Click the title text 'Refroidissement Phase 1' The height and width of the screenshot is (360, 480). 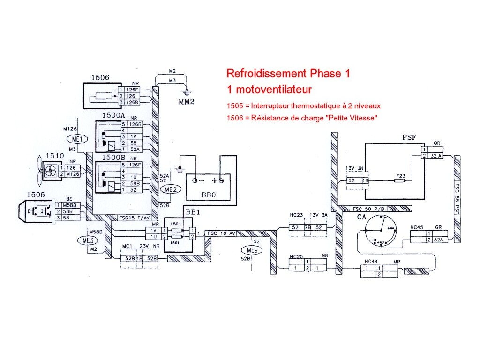point(288,74)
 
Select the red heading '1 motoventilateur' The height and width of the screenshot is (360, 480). point(269,89)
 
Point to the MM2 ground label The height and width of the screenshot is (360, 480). point(187,101)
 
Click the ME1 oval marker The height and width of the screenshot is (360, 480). point(75,139)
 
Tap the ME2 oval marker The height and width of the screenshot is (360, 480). point(168,189)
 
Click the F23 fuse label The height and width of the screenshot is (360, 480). point(400,176)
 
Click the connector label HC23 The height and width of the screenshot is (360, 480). point(297,215)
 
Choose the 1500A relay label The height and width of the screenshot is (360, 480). point(113,115)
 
